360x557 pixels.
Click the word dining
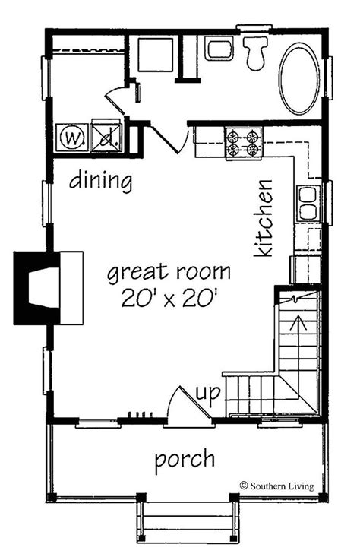pyautogui.click(x=100, y=181)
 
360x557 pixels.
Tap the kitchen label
pyautogui.click(x=264, y=218)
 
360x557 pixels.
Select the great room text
pyautogui.click(x=169, y=273)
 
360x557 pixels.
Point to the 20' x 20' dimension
pyautogui.click(x=169, y=298)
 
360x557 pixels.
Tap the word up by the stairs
pyautogui.click(x=208, y=394)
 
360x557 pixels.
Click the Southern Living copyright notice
pyautogui.click(x=277, y=486)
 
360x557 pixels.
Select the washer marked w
pyautogui.click(x=72, y=138)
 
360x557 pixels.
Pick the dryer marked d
pyautogui.click(x=107, y=138)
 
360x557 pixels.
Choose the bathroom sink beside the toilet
pyautogui.click(x=219, y=49)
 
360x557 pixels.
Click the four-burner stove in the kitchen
pyautogui.click(x=243, y=143)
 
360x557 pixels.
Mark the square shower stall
pyautogui.click(x=156, y=55)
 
